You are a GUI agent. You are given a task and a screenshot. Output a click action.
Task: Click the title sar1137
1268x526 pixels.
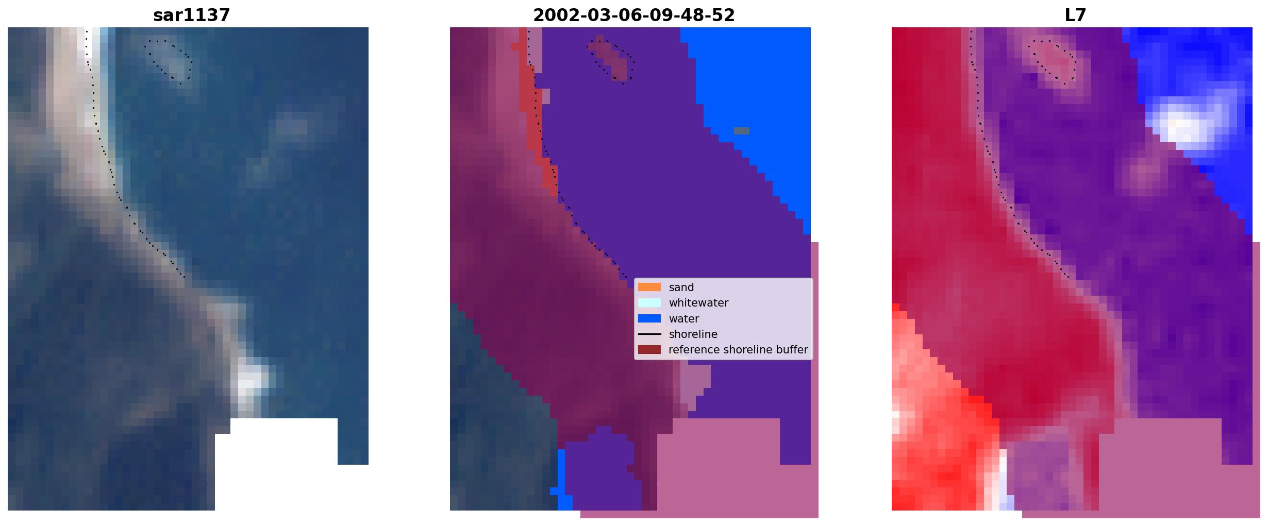191,15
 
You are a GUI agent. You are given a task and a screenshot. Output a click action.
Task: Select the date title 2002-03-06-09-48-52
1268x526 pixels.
633,15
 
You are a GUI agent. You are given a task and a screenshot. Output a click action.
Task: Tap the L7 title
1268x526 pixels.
1075,15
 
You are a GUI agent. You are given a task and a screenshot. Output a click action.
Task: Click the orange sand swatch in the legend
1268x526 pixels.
649,287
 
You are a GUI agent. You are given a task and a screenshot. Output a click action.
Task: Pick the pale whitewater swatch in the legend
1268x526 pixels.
649,302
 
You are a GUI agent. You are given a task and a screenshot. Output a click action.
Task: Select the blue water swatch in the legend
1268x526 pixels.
649,318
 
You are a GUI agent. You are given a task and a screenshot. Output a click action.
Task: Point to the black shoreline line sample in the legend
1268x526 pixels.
649,334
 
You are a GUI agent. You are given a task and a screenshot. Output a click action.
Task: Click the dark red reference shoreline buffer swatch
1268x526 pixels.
649,350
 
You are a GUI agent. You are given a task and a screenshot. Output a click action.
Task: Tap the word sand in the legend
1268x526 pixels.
681,287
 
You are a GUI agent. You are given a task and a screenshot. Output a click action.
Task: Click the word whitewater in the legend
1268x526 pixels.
698,303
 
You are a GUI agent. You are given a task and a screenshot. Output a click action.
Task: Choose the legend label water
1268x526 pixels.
684,319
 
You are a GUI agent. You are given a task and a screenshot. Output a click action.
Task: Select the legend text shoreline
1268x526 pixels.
693,334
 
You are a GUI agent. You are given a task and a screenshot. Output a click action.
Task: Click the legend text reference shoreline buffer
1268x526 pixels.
738,350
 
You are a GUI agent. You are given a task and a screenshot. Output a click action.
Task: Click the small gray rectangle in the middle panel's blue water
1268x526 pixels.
742,131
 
